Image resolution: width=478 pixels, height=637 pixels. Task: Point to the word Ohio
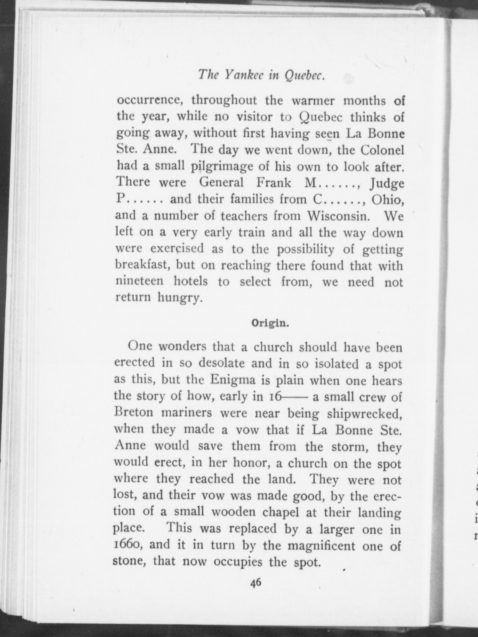pos(388,199)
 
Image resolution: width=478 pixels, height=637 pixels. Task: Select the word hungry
pos(178,298)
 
